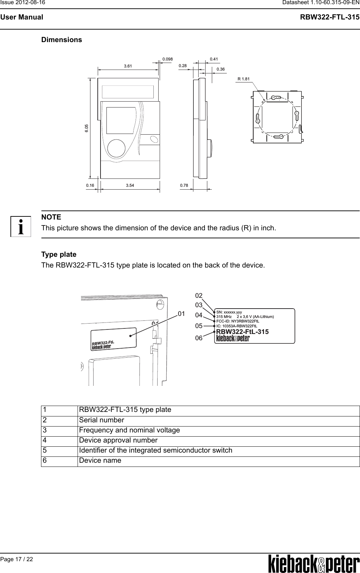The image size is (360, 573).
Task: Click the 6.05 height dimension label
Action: (x=87, y=128)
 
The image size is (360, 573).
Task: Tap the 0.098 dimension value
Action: (x=168, y=59)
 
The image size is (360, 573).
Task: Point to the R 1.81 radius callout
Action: (x=243, y=79)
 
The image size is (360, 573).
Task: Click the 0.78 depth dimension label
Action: (x=184, y=186)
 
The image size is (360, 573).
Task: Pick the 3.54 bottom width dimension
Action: (x=130, y=186)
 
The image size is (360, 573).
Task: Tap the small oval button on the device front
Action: (x=153, y=139)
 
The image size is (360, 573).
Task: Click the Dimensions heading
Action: (x=62, y=40)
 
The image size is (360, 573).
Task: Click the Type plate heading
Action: (x=59, y=254)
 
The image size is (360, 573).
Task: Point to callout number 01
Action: (x=181, y=314)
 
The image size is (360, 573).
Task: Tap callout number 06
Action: (x=199, y=338)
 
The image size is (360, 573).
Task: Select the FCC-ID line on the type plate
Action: (x=238, y=321)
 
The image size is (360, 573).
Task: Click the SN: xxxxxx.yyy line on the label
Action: (x=229, y=312)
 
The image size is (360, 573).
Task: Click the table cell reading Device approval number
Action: (x=118, y=440)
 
